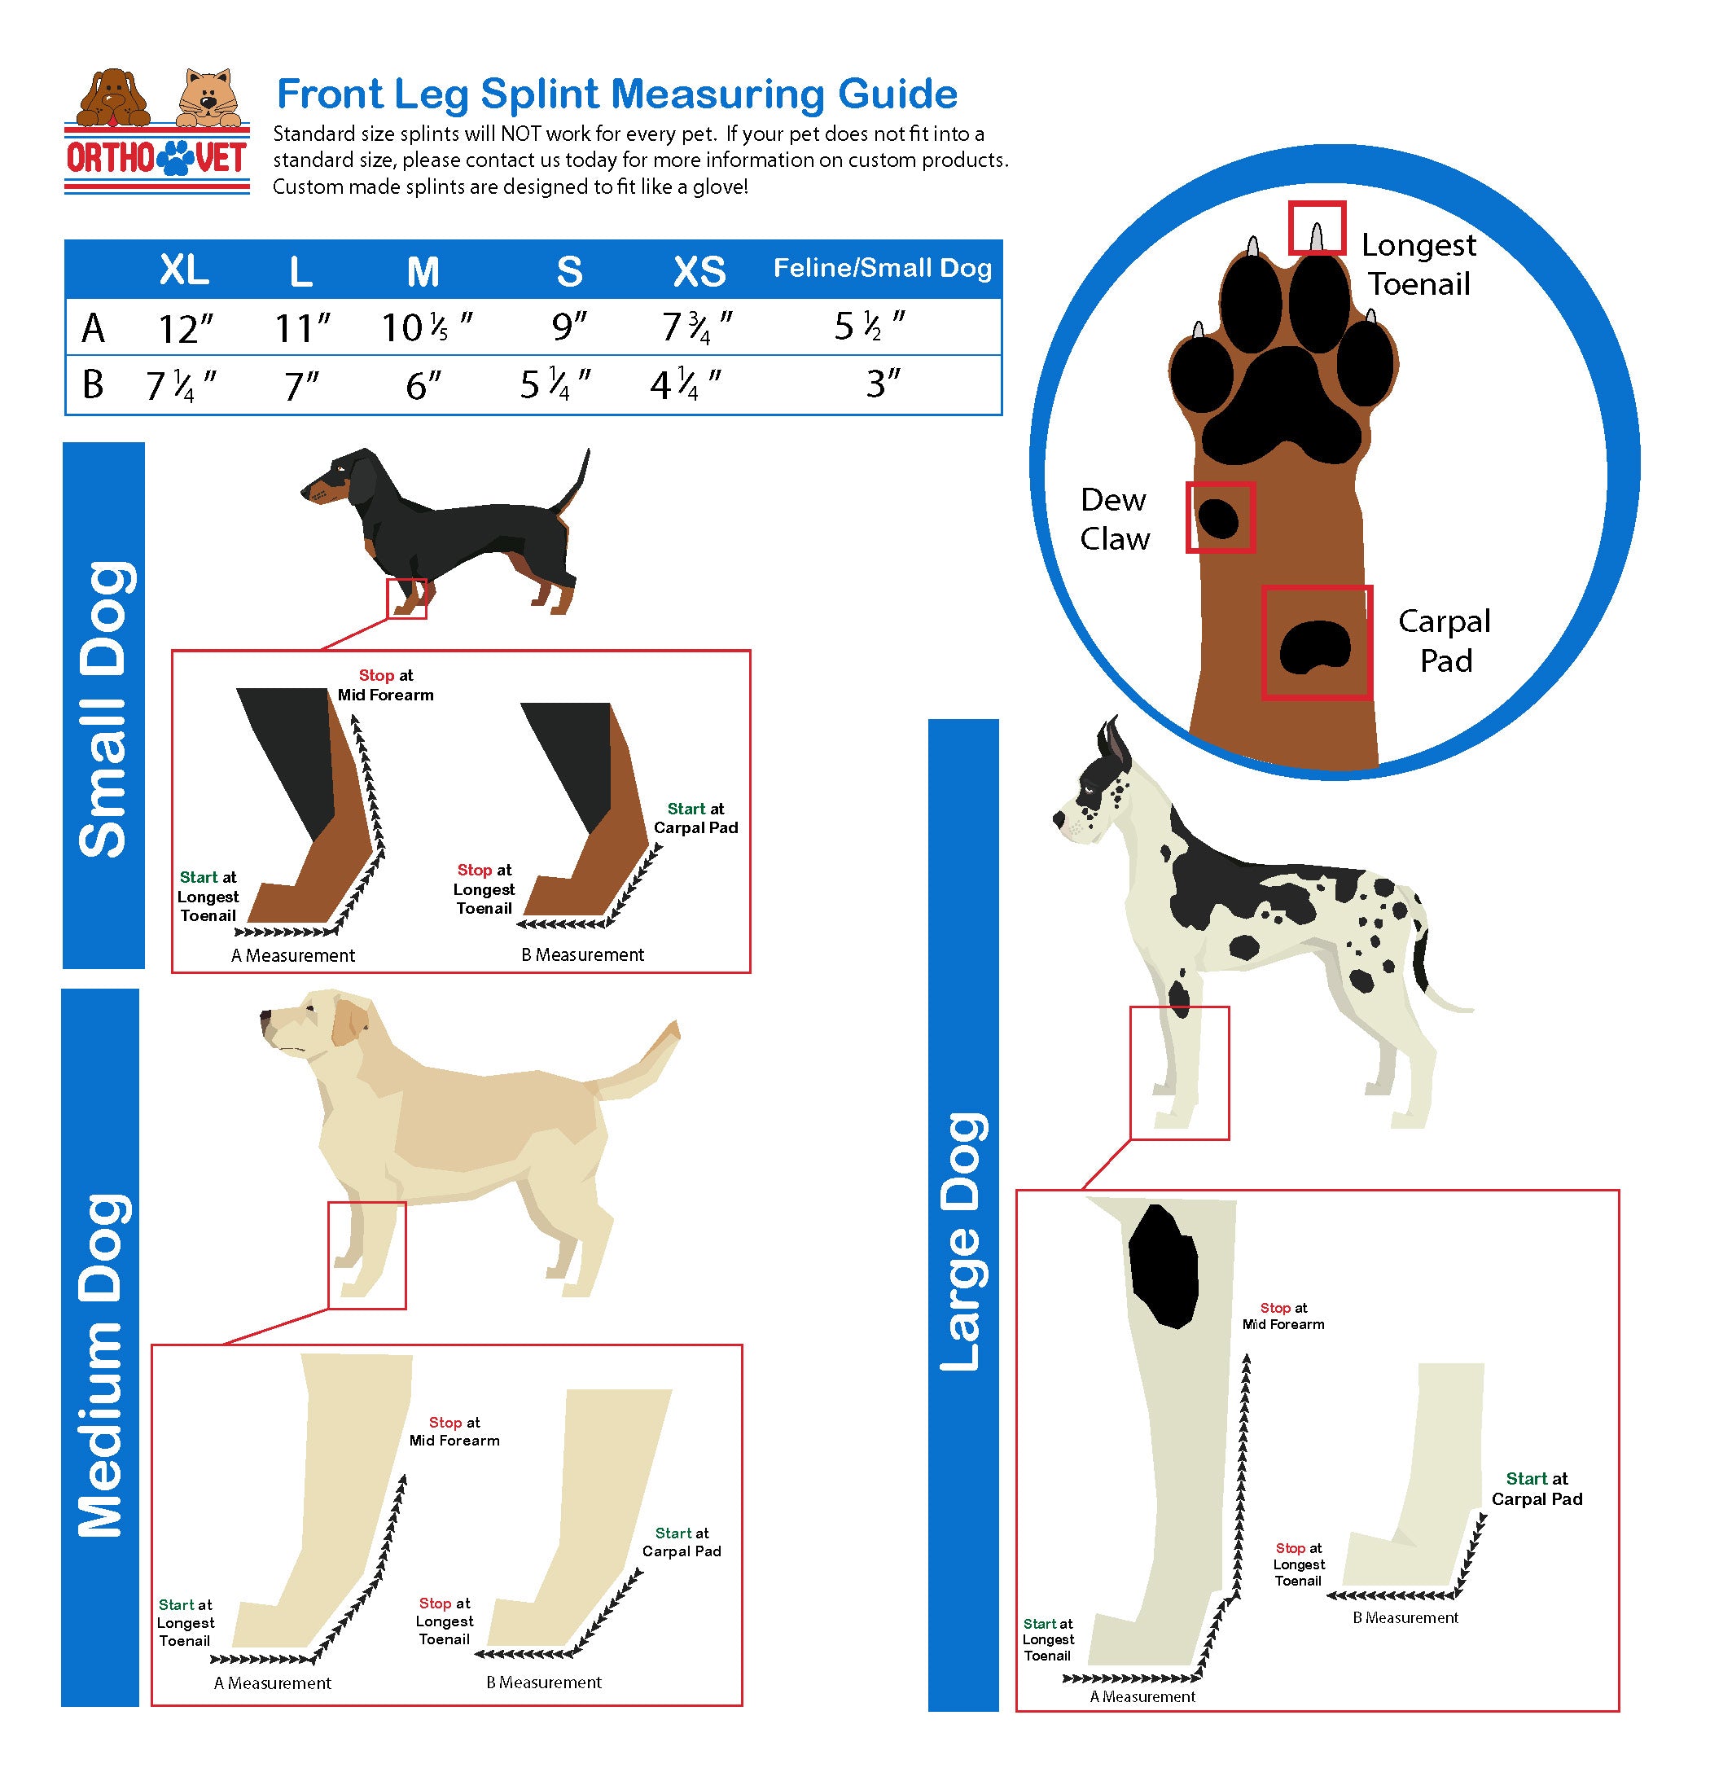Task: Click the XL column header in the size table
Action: tap(184, 270)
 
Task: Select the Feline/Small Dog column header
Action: tap(882, 268)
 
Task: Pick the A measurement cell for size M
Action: tap(426, 327)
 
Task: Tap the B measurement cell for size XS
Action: tap(686, 385)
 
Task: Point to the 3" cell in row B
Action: tap(883, 384)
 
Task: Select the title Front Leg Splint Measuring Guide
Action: tap(617, 94)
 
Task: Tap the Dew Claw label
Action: tap(1115, 519)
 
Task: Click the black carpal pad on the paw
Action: tap(1316, 647)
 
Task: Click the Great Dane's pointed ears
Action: tap(1113, 745)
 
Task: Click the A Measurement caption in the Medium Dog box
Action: tap(272, 1683)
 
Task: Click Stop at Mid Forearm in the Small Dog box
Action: tap(386, 685)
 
